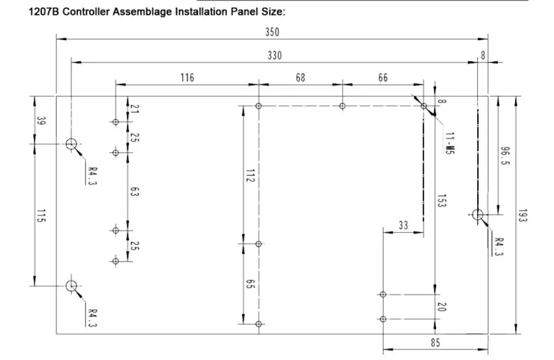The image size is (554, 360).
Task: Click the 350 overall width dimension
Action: pos(272,32)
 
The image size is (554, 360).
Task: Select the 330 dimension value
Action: pos(274,55)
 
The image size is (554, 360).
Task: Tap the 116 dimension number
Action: pos(187,77)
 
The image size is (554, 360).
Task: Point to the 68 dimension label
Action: pos(300,77)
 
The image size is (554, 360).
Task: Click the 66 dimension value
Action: pos(383,77)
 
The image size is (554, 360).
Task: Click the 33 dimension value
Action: pos(403,225)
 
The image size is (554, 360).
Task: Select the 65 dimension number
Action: pos(250,284)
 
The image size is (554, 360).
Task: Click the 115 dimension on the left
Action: pos(41,218)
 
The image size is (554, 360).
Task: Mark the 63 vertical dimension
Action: pos(135,192)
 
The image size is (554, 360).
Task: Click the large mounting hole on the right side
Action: pos(478,215)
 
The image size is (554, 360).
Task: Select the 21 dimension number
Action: pos(135,109)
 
